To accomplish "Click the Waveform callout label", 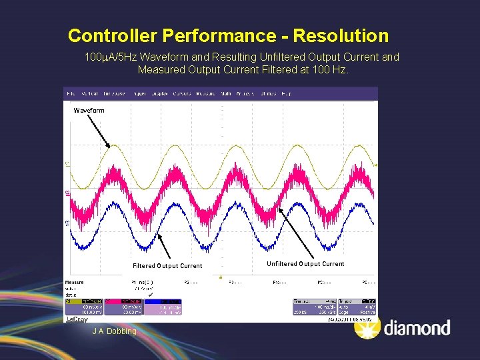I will [x=89, y=110].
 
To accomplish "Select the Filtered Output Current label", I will [x=167, y=266].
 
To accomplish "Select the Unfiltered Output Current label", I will [x=305, y=264].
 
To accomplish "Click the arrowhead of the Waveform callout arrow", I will [x=110, y=147].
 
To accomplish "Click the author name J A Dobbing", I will [x=114, y=331].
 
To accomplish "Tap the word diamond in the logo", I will [x=417, y=328].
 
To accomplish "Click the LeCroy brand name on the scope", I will [x=77, y=319].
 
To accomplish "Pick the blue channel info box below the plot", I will [x=162, y=307].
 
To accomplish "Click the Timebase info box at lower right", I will [x=313, y=307].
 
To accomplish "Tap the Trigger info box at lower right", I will [x=357, y=307].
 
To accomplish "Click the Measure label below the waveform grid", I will [x=75, y=282].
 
